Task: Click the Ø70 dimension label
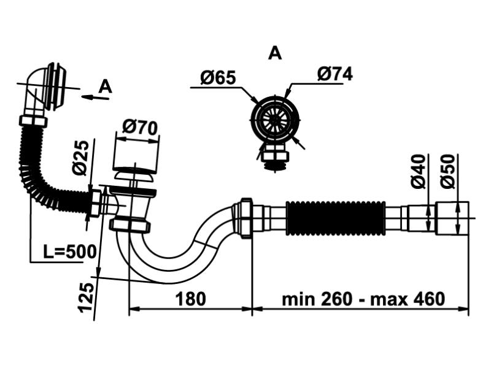pos(140,128)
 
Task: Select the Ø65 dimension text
pos(218,78)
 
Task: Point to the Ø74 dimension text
pos(335,74)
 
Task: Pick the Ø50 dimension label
pos(448,172)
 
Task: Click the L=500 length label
pos(69,251)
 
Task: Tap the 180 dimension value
pos(190,299)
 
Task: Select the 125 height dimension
pos(87,297)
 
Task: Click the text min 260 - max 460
pos(363,299)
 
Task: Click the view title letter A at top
pos(275,54)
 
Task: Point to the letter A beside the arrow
pos(106,86)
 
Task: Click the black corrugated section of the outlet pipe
pos(335,217)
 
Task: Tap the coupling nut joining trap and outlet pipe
pos(244,218)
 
